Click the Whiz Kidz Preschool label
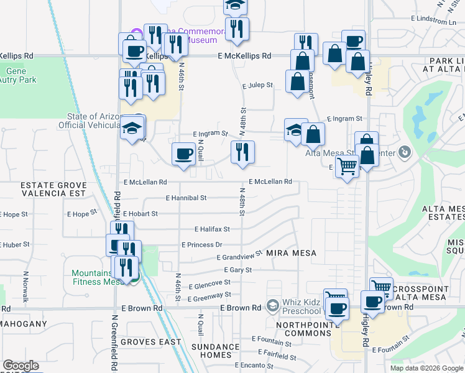click(x=302, y=306)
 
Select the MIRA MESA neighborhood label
click(x=292, y=254)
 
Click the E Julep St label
click(x=257, y=85)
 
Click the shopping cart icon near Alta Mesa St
click(x=347, y=166)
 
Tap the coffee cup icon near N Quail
click(x=183, y=154)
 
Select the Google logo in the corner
click(x=21, y=366)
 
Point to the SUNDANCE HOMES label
click(x=215, y=351)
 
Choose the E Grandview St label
click(x=240, y=256)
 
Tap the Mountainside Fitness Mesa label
click(x=96, y=277)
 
